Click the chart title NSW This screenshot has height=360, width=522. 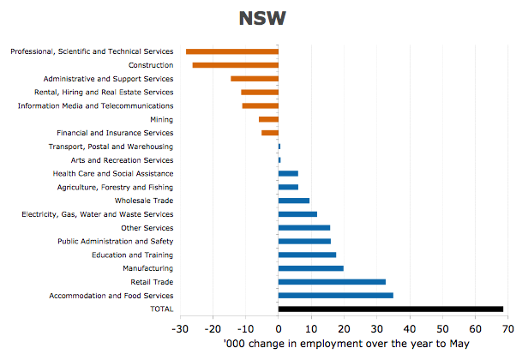click(x=261, y=19)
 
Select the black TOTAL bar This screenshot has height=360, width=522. click(x=391, y=309)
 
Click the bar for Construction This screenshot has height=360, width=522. click(x=236, y=65)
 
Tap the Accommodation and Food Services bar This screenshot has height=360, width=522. click(x=336, y=296)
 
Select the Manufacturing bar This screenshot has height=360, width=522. click(x=311, y=268)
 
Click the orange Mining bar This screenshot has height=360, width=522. click(x=268, y=119)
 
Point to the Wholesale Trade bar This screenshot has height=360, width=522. click(x=294, y=201)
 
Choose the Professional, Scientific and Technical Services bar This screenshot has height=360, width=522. click(x=232, y=51)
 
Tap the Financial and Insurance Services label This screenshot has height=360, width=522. click(x=115, y=133)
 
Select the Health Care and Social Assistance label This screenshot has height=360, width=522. click(x=113, y=173)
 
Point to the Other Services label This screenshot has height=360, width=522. click(x=147, y=228)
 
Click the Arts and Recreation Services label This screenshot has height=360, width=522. click(x=122, y=160)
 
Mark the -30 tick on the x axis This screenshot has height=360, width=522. click(x=179, y=328)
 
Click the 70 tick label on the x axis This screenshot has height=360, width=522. click(x=507, y=328)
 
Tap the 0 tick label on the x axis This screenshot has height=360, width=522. click(x=279, y=328)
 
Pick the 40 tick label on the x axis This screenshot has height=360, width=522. click(x=410, y=328)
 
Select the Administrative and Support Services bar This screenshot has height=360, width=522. click(x=255, y=79)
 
